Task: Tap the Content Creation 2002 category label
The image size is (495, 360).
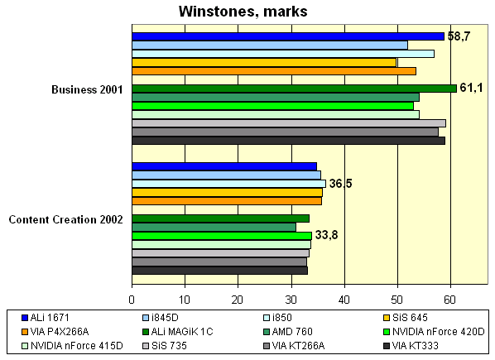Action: point(65,219)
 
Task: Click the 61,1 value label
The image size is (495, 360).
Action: point(472,89)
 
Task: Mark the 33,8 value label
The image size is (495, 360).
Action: point(326,235)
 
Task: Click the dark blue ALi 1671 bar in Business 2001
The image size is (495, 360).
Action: point(288,36)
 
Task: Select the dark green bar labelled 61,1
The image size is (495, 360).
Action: point(294,89)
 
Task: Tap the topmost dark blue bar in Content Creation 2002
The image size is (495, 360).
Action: point(224,166)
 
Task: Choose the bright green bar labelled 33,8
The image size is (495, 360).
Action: point(222,236)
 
